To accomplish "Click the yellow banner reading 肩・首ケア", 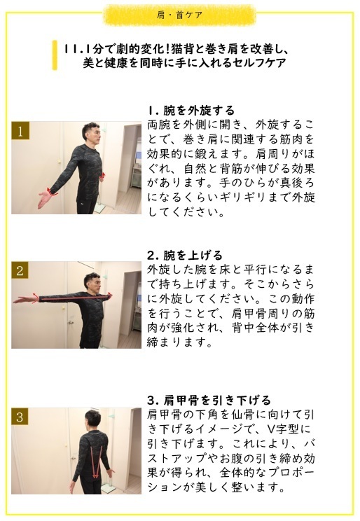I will click(x=181, y=15).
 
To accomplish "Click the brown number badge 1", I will click(x=22, y=132).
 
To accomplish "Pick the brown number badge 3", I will click(x=22, y=417).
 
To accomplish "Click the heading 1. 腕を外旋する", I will click(x=191, y=111).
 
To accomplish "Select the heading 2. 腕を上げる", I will click(x=185, y=255).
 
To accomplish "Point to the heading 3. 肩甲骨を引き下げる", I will click(x=209, y=400).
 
